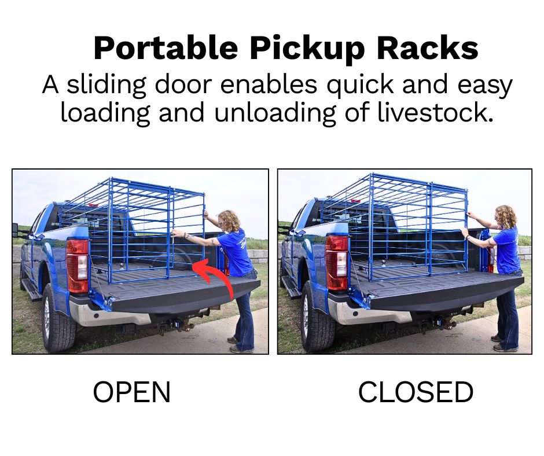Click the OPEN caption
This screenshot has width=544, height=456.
tap(132, 392)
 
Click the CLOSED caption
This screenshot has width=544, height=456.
tap(415, 392)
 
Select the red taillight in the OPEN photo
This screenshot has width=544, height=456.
tap(78, 265)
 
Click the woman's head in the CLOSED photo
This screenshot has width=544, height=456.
tap(506, 216)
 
